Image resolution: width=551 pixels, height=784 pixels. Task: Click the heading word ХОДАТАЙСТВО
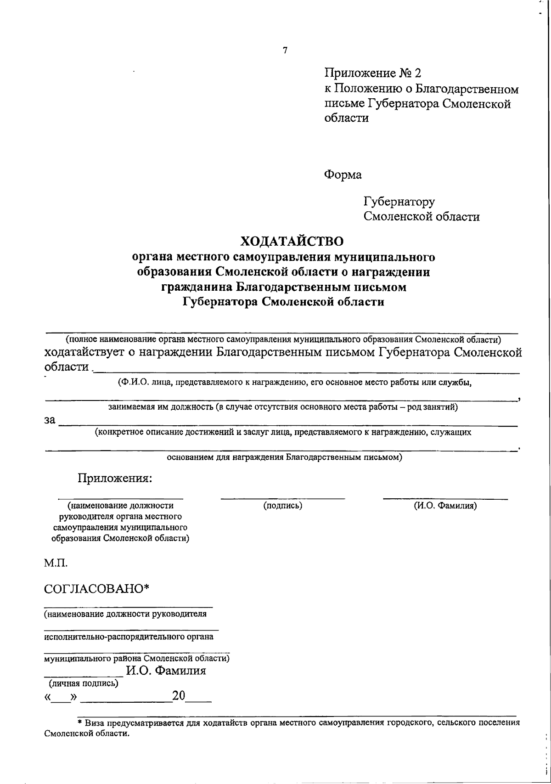tap(292, 241)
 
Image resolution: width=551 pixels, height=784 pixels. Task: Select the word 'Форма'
tap(343, 175)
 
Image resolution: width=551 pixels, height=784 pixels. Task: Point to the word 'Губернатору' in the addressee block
tap(399, 202)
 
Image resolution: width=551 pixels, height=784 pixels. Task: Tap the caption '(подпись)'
tap(282, 506)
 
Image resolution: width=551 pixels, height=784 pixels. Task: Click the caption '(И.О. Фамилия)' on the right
tap(445, 506)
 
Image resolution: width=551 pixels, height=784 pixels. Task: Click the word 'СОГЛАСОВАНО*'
tap(97, 589)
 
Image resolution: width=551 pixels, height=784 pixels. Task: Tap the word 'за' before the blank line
tap(50, 419)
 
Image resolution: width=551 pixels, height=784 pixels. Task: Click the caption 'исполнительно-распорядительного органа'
tap(129, 637)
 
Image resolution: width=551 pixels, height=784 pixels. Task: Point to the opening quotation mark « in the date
tap(48, 698)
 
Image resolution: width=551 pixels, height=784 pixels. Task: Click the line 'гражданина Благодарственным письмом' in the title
tap(284, 288)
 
